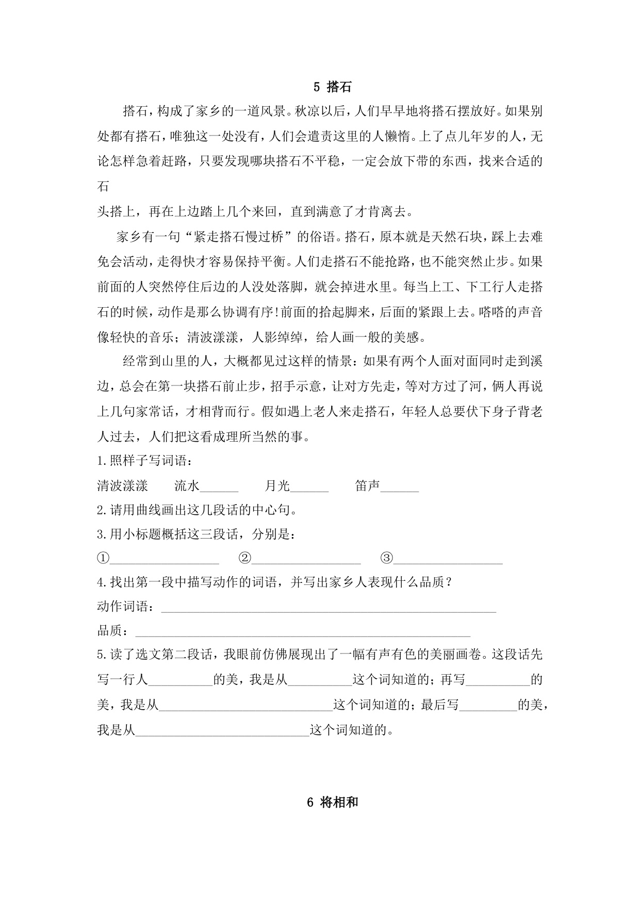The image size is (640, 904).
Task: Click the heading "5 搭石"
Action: [332, 87]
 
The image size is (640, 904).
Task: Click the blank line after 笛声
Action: [400, 487]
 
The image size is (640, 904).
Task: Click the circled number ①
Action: [103, 558]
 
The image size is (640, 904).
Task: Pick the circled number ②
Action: [245, 558]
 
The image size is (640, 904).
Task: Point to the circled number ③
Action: [387, 558]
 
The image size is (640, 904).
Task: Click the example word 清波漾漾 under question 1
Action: [122, 486]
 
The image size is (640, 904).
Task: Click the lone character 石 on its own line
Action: [103, 187]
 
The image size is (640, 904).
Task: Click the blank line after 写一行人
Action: [180, 680]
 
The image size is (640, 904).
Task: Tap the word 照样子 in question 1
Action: [129, 461]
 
